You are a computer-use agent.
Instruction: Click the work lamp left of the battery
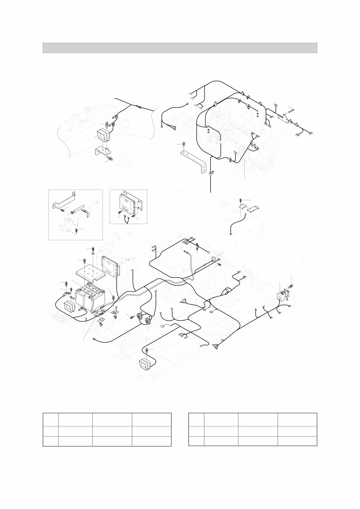(x=69, y=307)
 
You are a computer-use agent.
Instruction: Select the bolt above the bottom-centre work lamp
(x=147, y=350)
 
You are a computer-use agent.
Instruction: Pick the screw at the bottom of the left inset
(x=76, y=230)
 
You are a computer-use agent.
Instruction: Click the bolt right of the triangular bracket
(x=291, y=110)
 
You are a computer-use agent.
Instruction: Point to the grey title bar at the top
(x=180, y=48)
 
